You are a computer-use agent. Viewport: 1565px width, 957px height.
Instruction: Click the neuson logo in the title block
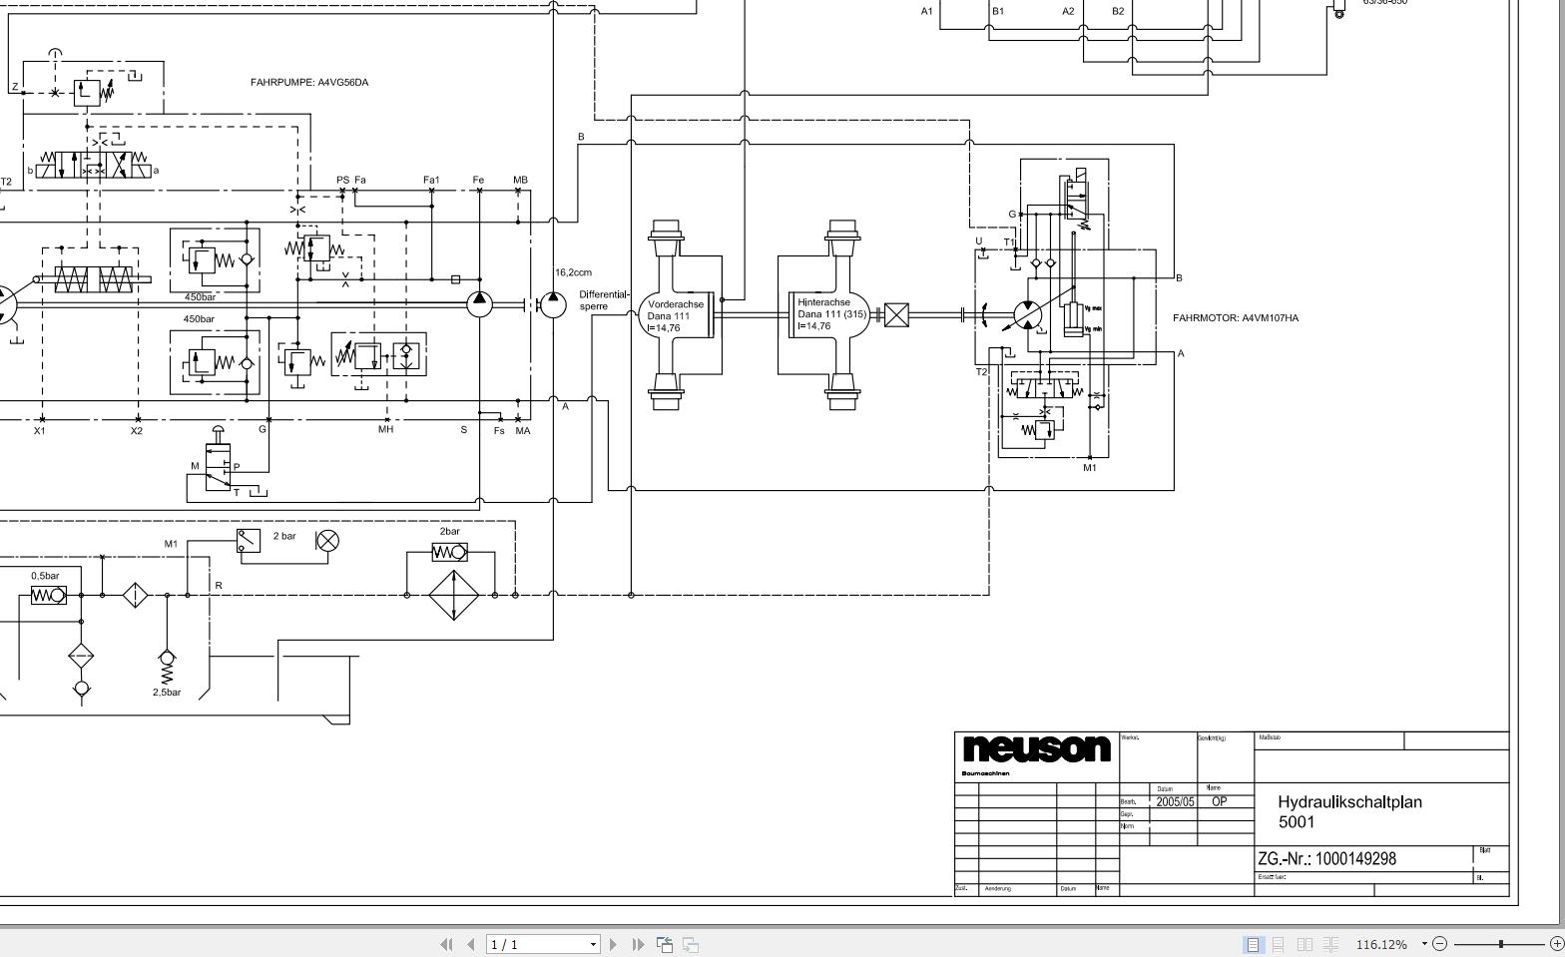pos(1036,748)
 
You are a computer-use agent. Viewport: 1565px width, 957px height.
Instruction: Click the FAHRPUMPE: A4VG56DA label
pos(309,83)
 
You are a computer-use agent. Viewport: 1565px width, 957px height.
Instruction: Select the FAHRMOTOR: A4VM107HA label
pos(1236,318)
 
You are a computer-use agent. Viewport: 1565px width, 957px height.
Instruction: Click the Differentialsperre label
pos(604,300)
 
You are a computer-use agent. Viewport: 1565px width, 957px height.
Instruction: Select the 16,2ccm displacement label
pos(574,272)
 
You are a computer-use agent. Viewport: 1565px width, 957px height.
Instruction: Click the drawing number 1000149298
pos(1355,859)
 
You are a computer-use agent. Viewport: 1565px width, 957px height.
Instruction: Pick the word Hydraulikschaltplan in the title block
pos(1349,802)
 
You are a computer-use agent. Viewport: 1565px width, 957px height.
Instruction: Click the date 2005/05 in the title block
pos(1175,802)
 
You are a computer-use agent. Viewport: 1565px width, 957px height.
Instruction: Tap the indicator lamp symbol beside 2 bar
pos(327,541)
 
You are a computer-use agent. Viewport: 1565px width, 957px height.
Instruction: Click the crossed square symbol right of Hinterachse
pos(896,316)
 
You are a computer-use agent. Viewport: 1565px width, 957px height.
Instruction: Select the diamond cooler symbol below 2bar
pos(453,595)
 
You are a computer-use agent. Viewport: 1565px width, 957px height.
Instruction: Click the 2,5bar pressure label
pos(167,693)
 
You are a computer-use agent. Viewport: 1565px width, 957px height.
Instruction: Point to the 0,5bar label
pos(45,576)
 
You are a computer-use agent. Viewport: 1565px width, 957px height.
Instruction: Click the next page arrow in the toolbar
pos(613,944)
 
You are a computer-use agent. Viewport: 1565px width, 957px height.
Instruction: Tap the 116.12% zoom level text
pos(1381,944)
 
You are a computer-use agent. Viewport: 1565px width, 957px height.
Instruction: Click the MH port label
pos(385,430)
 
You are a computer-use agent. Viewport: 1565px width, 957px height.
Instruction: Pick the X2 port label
pos(136,431)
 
